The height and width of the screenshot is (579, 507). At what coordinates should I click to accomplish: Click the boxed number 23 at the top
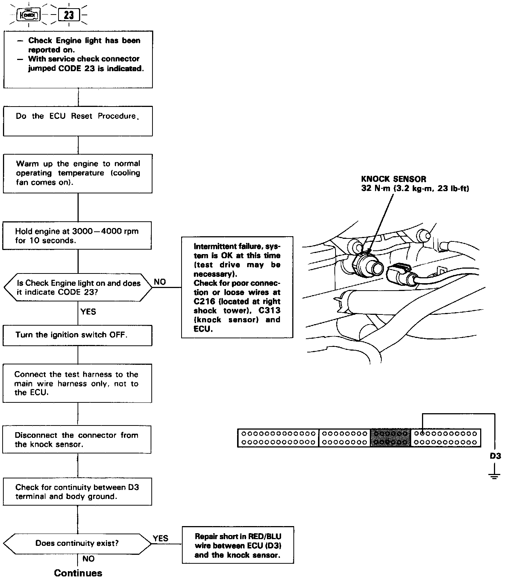pyautogui.click(x=69, y=15)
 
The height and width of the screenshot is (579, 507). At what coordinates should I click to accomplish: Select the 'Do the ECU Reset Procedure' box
pyautogui.click(x=78, y=121)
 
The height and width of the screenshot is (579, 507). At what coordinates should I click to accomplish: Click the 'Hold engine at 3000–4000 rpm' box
pyautogui.click(x=77, y=235)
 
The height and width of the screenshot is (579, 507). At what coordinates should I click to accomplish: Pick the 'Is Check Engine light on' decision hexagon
pyautogui.click(x=78, y=288)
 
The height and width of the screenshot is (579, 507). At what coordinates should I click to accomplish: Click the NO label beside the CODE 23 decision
pyautogui.click(x=160, y=282)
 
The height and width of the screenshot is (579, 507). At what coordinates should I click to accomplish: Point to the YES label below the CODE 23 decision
pyautogui.click(x=88, y=311)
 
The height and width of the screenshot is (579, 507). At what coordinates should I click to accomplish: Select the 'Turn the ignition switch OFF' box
pyautogui.click(x=78, y=335)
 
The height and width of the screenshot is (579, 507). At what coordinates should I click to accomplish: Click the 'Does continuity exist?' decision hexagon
pyautogui.click(x=77, y=543)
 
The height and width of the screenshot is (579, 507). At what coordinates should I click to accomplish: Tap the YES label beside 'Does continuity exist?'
pyautogui.click(x=161, y=538)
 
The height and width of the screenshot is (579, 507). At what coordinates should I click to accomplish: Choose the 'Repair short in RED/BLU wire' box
pyautogui.click(x=237, y=546)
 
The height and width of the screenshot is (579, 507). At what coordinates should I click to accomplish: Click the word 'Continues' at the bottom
pyautogui.click(x=78, y=573)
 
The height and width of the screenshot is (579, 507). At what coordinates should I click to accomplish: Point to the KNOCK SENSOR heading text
pyautogui.click(x=394, y=179)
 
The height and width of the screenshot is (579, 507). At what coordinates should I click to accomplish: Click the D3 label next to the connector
pyautogui.click(x=495, y=456)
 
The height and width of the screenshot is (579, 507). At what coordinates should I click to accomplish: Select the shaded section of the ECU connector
pyautogui.click(x=390, y=438)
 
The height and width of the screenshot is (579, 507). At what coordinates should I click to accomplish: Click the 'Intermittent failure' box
pyautogui.click(x=237, y=287)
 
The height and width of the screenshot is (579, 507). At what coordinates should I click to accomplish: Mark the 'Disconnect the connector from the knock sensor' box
pyautogui.click(x=77, y=440)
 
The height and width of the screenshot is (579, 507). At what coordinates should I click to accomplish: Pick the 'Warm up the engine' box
pyautogui.click(x=78, y=173)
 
